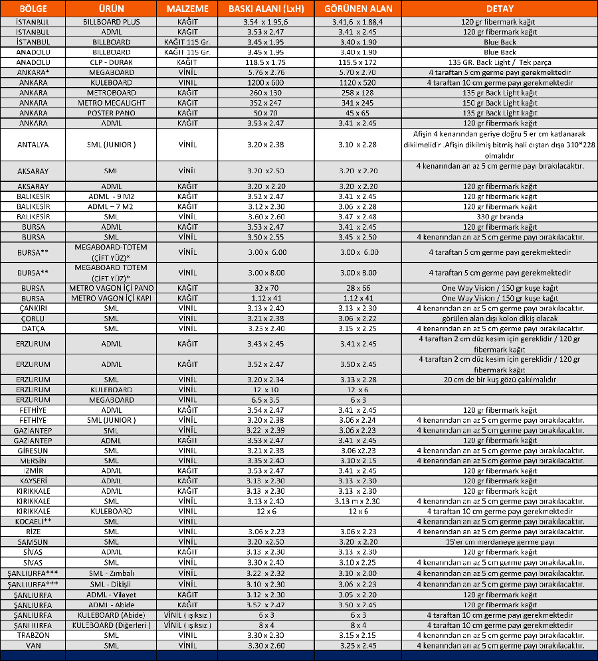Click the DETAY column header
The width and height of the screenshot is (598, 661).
499,9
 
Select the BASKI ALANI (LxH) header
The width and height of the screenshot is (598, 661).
265,9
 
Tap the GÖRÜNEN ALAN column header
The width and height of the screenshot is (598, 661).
357,9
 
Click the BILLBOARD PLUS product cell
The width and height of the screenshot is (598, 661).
112,22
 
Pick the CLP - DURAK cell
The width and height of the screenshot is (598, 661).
112,62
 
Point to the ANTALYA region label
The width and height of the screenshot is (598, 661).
33,145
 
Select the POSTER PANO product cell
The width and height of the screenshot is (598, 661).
112,113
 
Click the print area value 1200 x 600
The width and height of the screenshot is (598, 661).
265,83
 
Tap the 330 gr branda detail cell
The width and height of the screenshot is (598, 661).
499,216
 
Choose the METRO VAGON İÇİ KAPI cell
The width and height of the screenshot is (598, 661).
112,298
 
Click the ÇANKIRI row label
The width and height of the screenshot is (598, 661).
33,309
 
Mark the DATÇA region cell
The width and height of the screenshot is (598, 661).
33,329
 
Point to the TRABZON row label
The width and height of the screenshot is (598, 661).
33,635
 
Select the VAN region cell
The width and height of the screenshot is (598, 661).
33,645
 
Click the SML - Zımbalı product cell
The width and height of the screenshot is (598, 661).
112,573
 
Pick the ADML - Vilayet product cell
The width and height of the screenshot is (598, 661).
112,594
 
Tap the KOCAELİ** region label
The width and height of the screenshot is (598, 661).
33,522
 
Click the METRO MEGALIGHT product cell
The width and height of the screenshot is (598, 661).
112,103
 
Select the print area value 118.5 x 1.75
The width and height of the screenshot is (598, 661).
265,62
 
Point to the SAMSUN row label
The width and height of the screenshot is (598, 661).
33,542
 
